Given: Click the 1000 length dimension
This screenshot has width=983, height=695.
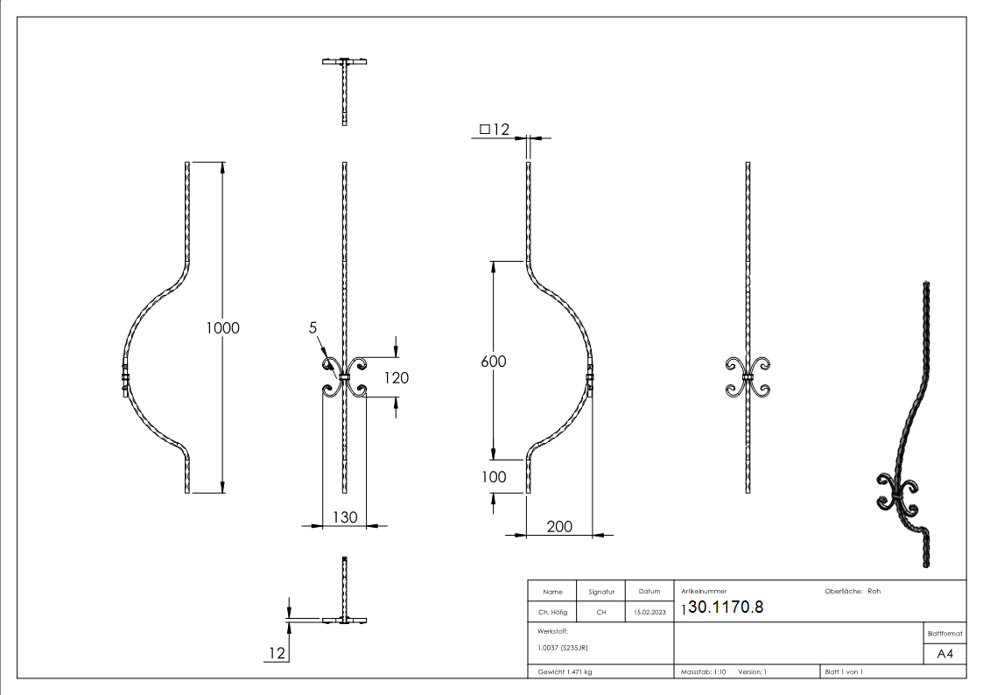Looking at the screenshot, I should click(x=222, y=328).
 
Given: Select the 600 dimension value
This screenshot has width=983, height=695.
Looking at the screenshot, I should click(x=494, y=361).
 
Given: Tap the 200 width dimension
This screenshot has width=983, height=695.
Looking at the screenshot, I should click(x=560, y=526).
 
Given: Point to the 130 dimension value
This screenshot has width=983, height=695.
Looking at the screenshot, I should click(x=345, y=517).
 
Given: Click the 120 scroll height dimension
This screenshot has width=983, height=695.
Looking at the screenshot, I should click(x=396, y=377).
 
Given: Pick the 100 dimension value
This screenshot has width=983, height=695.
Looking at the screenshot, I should click(x=494, y=478).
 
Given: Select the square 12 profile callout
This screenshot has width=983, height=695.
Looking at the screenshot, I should click(x=494, y=130).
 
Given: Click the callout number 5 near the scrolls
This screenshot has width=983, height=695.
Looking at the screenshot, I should click(x=312, y=328).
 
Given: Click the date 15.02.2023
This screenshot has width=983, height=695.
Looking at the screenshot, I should click(x=649, y=613).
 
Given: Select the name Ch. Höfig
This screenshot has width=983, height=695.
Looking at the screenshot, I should click(x=552, y=613).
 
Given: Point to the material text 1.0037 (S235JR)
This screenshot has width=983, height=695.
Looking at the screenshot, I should click(x=561, y=648).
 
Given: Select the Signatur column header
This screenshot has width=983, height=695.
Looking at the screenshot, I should click(x=600, y=592).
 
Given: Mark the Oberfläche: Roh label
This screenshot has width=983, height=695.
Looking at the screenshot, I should click(x=853, y=591).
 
